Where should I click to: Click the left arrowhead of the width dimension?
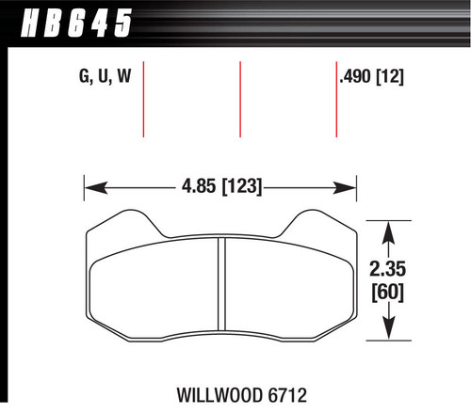[90, 187]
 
